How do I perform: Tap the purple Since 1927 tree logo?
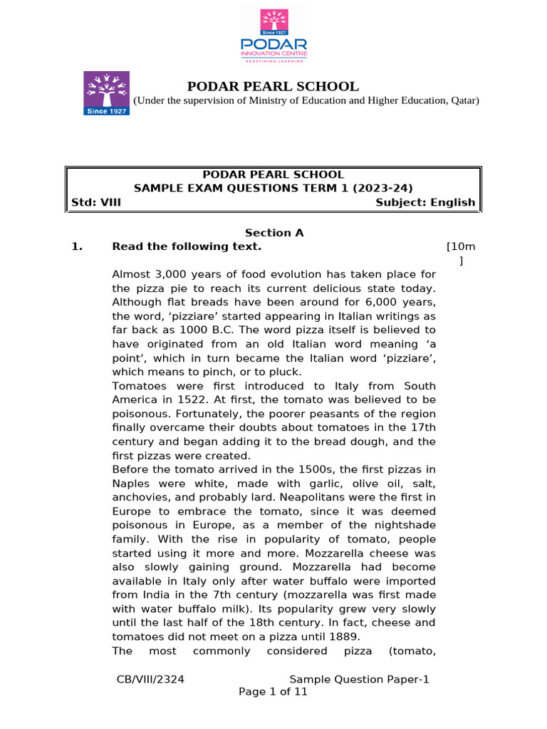pyautogui.click(x=108, y=93)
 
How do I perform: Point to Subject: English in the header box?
pyautogui.click(x=425, y=202)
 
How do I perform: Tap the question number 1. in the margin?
pyautogui.click(x=78, y=247)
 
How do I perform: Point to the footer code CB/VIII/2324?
pyautogui.click(x=151, y=680)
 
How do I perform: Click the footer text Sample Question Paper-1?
pyautogui.click(x=360, y=680)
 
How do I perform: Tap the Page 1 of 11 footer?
pyautogui.click(x=273, y=692)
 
